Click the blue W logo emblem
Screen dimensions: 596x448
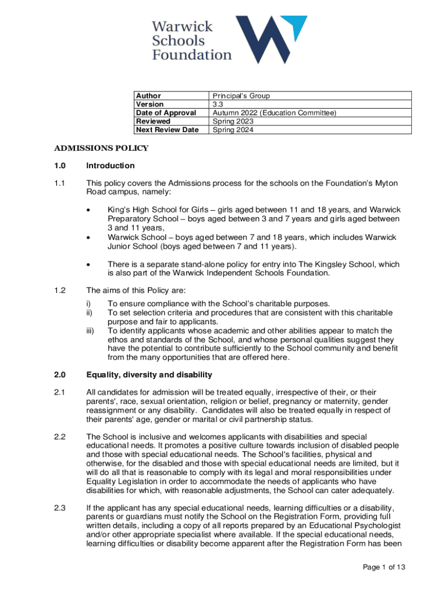point(271,39)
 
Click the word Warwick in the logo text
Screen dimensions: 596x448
point(182,26)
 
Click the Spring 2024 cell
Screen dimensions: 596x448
point(233,130)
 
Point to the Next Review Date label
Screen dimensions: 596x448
point(167,130)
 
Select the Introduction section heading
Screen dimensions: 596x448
point(110,166)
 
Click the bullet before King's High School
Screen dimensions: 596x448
point(88,210)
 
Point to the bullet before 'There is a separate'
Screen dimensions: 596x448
point(88,264)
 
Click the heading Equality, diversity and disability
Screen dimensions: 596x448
point(149,374)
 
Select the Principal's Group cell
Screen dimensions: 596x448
point(241,96)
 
